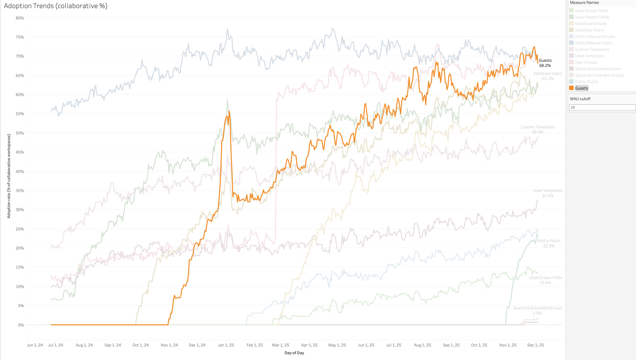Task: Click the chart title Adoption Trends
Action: [x=56, y=6]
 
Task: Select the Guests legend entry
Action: [x=581, y=88]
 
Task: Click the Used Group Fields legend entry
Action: [x=591, y=11]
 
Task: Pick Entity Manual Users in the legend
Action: [x=593, y=43]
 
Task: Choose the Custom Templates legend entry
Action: [x=592, y=49]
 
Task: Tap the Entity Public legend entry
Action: [x=587, y=82]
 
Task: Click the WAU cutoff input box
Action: [x=602, y=107]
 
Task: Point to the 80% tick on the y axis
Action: [x=20, y=18]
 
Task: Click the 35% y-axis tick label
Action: [x=20, y=191]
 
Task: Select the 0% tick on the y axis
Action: [x=21, y=325]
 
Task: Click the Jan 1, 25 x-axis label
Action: [x=226, y=345]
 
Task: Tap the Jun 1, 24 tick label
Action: [x=35, y=345]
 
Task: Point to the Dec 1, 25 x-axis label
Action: [x=536, y=345]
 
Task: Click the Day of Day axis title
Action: [x=294, y=353]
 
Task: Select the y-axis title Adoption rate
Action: [x=9, y=176]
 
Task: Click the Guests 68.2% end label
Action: [x=545, y=63]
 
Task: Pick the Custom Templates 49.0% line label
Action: [x=538, y=129]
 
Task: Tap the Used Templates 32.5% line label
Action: [x=548, y=193]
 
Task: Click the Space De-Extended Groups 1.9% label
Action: [x=537, y=310]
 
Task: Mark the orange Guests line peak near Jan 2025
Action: [x=229, y=111]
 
